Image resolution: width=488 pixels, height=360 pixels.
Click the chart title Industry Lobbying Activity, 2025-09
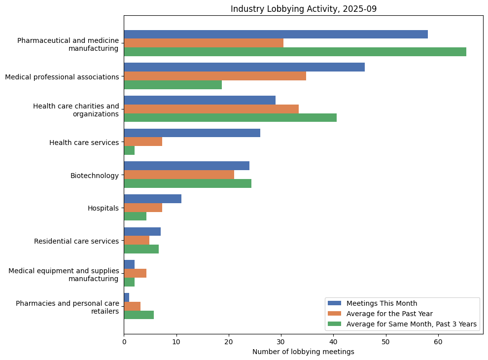(303, 9)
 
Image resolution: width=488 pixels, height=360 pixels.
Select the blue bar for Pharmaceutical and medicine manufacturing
(276, 34)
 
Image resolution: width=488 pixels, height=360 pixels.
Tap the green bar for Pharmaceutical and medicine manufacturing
(295, 52)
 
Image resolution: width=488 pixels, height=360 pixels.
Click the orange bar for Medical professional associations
(214, 76)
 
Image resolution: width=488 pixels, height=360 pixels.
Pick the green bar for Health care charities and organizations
(230, 117)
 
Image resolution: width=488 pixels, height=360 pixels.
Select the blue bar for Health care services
(192, 133)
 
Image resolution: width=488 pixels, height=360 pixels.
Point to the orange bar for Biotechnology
(179, 175)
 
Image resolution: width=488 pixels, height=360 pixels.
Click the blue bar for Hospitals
(152, 199)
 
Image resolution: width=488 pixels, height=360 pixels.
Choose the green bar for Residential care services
(141, 249)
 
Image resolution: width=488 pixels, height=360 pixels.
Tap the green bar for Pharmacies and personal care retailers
(139, 315)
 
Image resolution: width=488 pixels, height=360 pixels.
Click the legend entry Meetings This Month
(382, 303)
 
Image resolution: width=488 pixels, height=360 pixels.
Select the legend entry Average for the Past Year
(389, 314)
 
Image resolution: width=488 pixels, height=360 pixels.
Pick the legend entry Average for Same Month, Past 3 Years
(411, 324)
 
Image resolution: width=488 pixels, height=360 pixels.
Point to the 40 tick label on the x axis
(333, 341)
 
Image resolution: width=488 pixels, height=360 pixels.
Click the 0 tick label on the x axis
(124, 341)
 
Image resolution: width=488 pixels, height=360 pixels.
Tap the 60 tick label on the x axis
(438, 341)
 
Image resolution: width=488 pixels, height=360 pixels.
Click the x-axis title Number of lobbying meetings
(303, 352)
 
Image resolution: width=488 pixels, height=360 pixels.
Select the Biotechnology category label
(95, 176)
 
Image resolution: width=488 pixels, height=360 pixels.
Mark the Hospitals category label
(103, 208)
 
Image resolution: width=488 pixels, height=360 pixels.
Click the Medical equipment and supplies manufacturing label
(64, 275)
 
